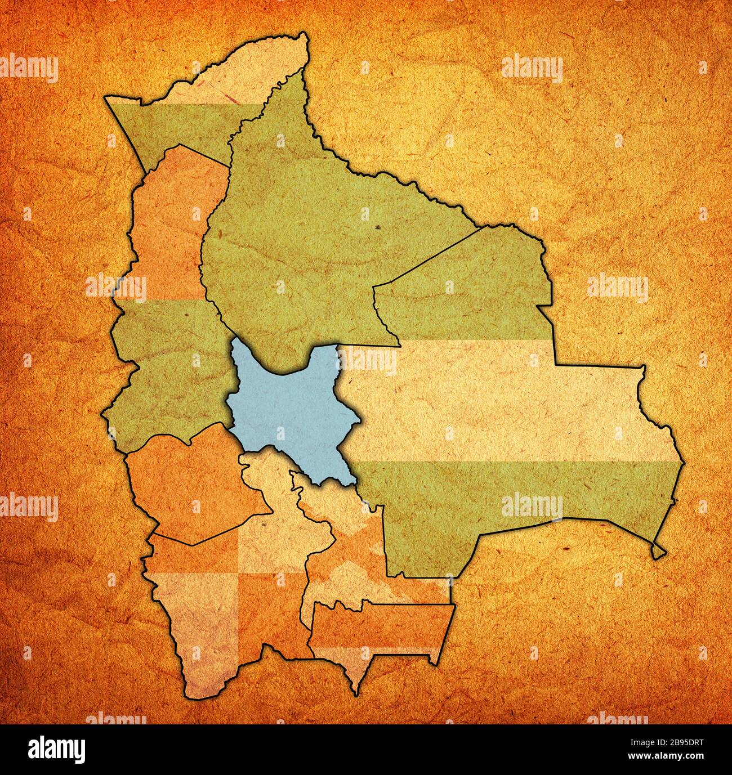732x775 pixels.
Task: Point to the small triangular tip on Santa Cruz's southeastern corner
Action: pyautogui.click(x=658, y=552)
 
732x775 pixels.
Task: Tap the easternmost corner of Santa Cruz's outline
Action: pyautogui.click(x=684, y=463)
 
